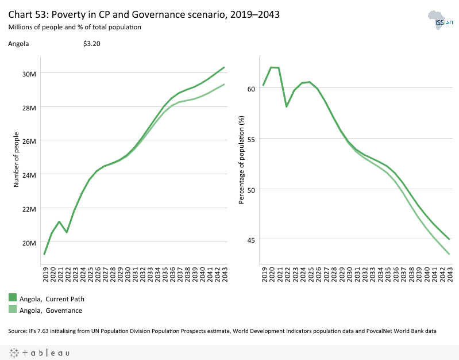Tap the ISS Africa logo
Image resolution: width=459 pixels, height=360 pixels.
pyautogui.click(x=441, y=21)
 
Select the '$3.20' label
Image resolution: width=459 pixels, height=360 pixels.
pyautogui.click(x=92, y=43)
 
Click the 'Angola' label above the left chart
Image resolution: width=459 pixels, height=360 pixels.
pyautogui.click(x=18, y=43)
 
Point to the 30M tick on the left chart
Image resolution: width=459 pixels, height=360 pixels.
pyautogui.click(x=29, y=74)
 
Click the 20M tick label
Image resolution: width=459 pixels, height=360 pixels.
pyautogui.click(x=29, y=243)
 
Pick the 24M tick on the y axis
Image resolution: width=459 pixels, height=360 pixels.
pyautogui.click(x=29, y=175)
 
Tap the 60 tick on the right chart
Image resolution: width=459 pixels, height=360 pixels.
pyautogui.click(x=251, y=89)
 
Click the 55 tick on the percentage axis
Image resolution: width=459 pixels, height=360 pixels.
pyautogui.click(x=251, y=139)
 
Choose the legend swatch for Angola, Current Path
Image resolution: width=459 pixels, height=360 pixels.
pyautogui.click(x=13, y=298)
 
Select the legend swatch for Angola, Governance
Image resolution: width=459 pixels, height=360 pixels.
pyautogui.click(x=13, y=310)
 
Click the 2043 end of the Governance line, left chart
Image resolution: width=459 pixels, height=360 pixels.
pyautogui.click(x=224, y=85)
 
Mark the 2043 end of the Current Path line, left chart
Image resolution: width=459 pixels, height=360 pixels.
pyautogui.click(x=224, y=67)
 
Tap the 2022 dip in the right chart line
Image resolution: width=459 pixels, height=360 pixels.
pyautogui.click(x=286, y=106)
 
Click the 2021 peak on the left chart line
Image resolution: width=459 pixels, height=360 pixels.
pyautogui.click(x=60, y=221)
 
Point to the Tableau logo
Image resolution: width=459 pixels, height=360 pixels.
pyautogui.click(x=40, y=353)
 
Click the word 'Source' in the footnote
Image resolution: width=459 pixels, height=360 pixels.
pyautogui.click(x=18, y=331)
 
